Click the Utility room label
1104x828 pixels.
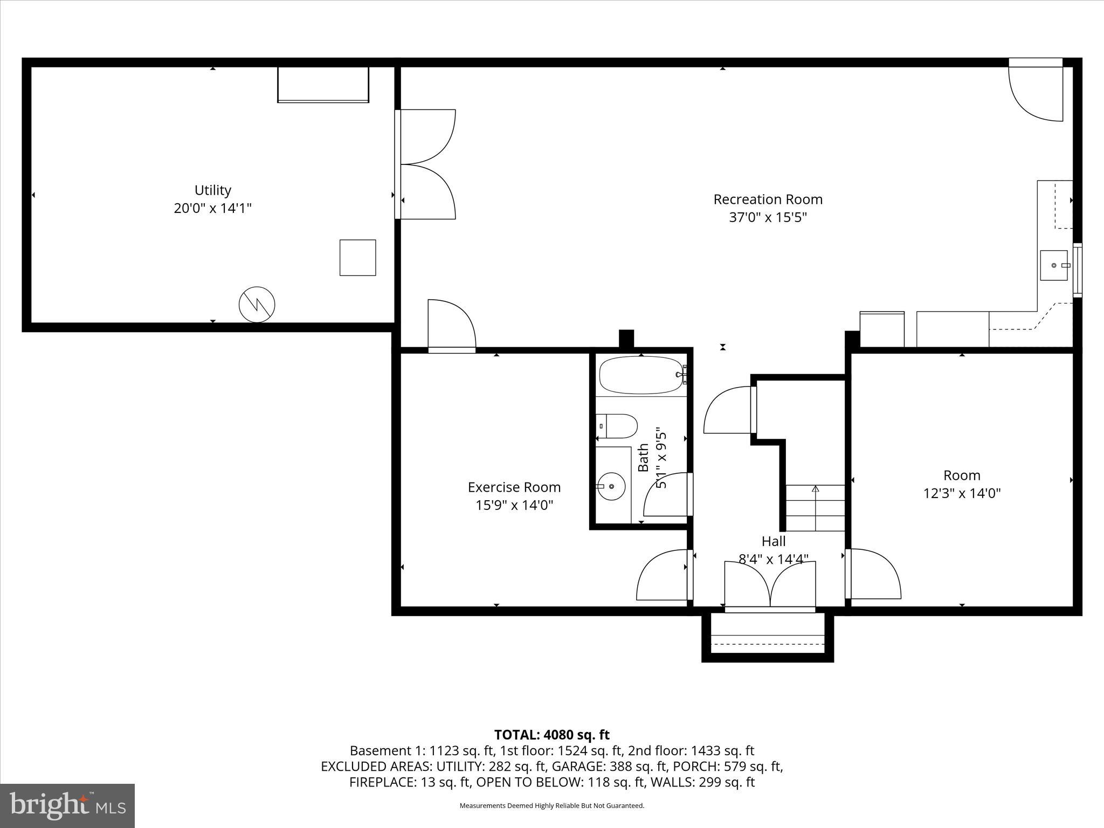(x=212, y=190)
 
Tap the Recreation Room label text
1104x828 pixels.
(x=768, y=199)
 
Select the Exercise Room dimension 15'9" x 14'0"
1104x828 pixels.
(x=514, y=505)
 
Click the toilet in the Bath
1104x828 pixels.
(x=617, y=426)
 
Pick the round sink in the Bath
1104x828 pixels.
(x=611, y=486)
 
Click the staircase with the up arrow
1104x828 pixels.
(x=815, y=508)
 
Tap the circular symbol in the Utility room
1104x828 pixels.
(x=257, y=305)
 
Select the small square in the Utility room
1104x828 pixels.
(x=357, y=258)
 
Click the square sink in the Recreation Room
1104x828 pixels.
(x=1054, y=265)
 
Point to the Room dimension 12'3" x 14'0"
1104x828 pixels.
(x=962, y=493)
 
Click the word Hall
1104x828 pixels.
(x=773, y=541)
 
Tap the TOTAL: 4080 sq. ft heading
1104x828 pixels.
(x=551, y=735)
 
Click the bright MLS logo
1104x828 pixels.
(x=67, y=806)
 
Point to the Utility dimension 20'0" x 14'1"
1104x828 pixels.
(x=212, y=208)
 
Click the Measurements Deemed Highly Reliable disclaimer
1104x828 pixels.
(x=551, y=806)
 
